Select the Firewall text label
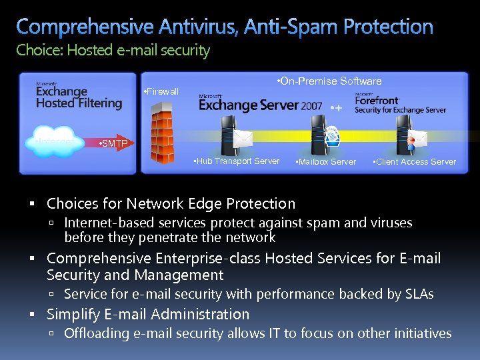pos(161,91)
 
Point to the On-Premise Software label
pos(329,81)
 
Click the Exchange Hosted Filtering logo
pos(79,96)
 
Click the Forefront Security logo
pos(399,104)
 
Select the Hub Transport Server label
pos(236,161)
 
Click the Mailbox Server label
pos(327,162)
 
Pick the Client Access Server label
pos(415,162)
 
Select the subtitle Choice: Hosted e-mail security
pos(113,51)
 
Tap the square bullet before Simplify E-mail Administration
pos(38,315)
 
